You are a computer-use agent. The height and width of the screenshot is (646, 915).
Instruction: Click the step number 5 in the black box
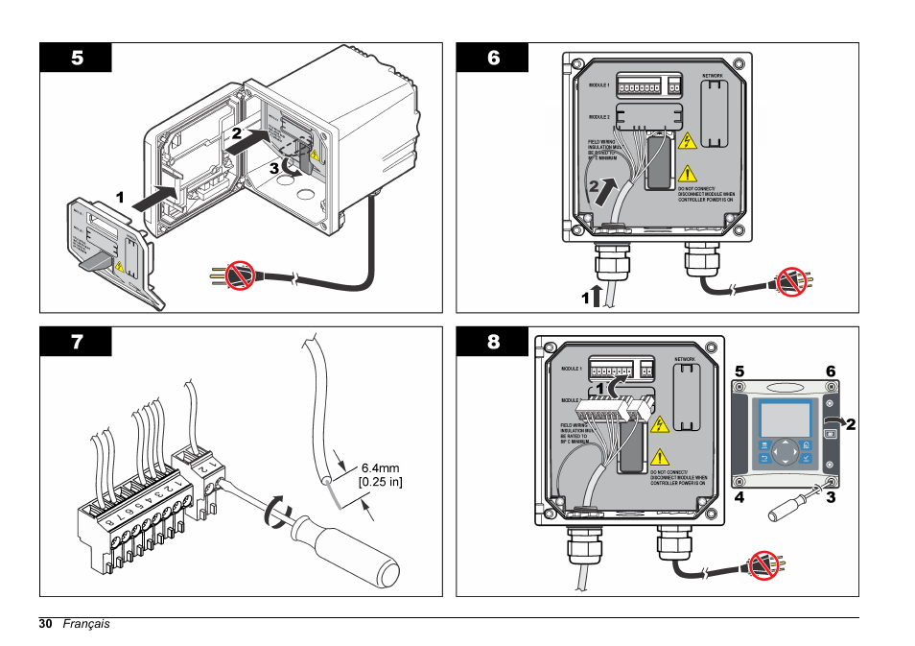click(76, 58)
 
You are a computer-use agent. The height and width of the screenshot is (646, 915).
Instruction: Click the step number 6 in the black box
click(493, 58)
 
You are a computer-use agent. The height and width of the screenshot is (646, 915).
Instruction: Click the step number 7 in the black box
click(76, 342)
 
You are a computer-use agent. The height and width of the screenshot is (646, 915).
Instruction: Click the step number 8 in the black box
click(493, 342)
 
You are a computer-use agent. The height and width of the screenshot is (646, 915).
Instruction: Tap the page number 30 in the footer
click(46, 624)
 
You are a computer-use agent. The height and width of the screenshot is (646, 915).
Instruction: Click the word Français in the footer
click(86, 624)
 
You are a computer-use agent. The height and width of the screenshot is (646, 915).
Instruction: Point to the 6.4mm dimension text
click(380, 467)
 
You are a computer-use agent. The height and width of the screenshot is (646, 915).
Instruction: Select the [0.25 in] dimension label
click(380, 482)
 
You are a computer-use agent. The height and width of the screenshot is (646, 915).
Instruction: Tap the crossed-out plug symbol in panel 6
click(790, 282)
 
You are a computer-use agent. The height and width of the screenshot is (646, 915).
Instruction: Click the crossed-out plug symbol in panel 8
click(763, 564)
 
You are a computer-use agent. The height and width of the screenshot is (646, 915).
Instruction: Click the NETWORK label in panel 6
click(713, 75)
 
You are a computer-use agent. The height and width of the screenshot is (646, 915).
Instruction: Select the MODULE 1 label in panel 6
click(599, 84)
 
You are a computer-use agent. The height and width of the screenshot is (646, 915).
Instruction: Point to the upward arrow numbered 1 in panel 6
click(597, 295)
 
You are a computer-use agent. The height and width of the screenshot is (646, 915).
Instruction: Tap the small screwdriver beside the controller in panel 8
click(792, 505)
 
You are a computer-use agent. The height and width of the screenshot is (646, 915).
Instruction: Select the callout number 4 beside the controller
click(739, 498)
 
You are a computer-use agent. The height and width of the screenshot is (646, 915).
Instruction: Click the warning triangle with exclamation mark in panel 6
click(688, 174)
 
